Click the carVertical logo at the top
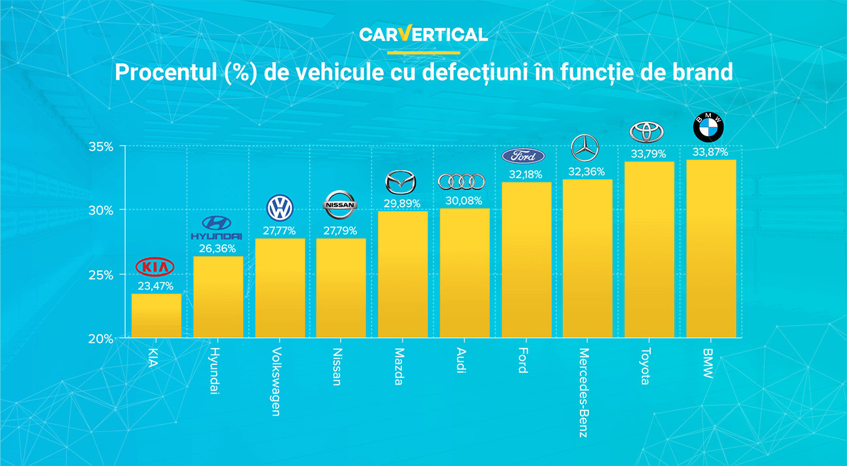pyautogui.click(x=423, y=34)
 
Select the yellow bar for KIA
pyautogui.click(x=156, y=316)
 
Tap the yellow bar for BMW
pyautogui.click(x=711, y=248)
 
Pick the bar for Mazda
pyautogui.click(x=403, y=274)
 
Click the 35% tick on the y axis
pyautogui.click(x=101, y=147)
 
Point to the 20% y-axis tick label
pyautogui.click(x=101, y=339)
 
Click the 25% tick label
pyautogui.click(x=101, y=275)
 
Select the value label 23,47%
pyautogui.click(x=156, y=285)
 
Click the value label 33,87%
pyautogui.click(x=711, y=152)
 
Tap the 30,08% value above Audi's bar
pyautogui.click(x=465, y=200)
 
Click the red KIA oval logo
pyautogui.click(x=155, y=267)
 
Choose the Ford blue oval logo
pyautogui.click(x=523, y=156)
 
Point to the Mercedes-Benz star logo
pyautogui.click(x=584, y=149)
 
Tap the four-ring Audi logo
pyautogui.click(x=461, y=181)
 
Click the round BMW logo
pyautogui.click(x=708, y=127)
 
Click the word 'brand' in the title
pyautogui.click(x=704, y=72)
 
